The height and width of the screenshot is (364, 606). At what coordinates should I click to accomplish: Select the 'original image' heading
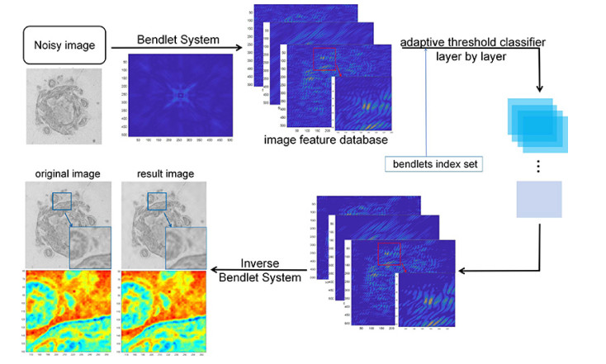[58, 174]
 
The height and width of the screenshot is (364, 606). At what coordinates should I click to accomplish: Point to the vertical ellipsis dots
[537, 166]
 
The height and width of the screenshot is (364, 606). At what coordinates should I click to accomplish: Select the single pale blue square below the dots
[538, 200]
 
